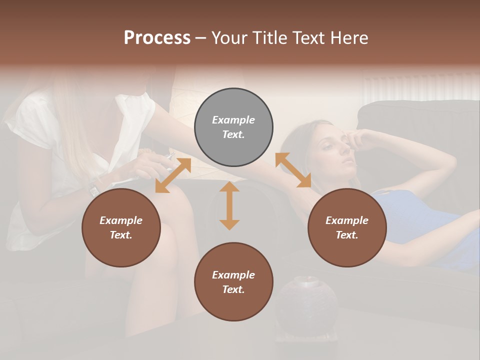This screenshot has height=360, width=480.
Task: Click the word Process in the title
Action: pyautogui.click(x=157, y=38)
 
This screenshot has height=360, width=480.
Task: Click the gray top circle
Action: pyautogui.click(x=233, y=127)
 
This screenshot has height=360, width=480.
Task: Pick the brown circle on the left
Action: pyautogui.click(x=121, y=228)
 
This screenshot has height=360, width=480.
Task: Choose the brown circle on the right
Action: pyautogui.click(x=347, y=228)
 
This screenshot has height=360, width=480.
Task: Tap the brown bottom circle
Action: pyautogui.click(x=233, y=281)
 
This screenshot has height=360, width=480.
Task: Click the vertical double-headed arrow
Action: pyautogui.click(x=229, y=205)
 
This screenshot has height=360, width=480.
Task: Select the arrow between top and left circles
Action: pyautogui.click(x=173, y=175)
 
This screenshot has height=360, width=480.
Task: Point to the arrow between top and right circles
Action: pyautogui.click(x=293, y=170)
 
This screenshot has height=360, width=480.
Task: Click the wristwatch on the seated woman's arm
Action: pyautogui.click(x=93, y=189)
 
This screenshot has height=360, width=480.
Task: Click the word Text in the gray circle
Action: pyautogui.click(x=233, y=134)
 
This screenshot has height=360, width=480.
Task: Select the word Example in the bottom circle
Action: pyautogui.click(x=233, y=274)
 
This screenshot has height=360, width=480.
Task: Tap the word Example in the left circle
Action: pyautogui.click(x=121, y=220)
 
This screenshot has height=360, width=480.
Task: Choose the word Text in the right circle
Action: pyautogui.click(x=347, y=235)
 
